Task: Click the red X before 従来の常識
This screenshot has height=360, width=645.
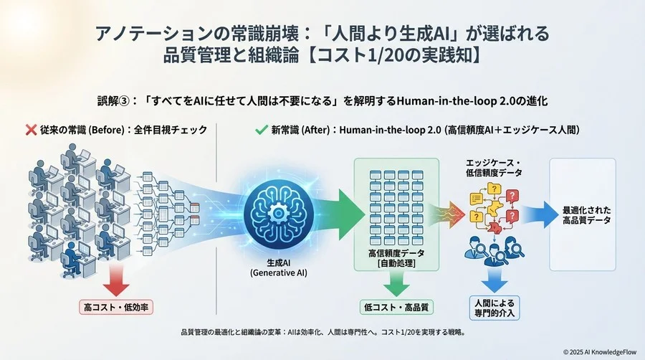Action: [x=30, y=131]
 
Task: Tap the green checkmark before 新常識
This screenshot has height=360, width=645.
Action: [x=260, y=131]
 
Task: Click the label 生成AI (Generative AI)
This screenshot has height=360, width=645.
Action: [x=278, y=268]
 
